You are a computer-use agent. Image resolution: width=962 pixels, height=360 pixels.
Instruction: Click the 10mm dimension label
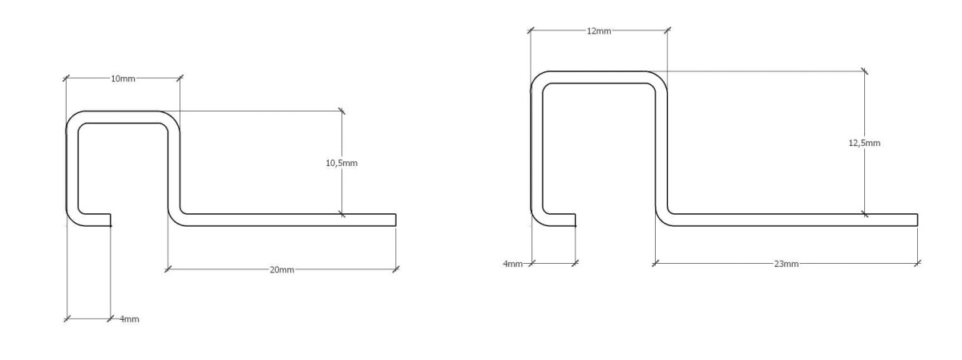(x=123, y=79)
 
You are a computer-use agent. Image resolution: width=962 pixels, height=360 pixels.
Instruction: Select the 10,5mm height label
(x=342, y=163)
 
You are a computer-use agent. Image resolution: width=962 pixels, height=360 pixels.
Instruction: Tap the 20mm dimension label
(x=281, y=269)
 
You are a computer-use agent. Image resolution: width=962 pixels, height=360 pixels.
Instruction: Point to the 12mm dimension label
(x=599, y=31)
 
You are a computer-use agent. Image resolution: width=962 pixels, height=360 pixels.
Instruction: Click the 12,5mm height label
(x=864, y=143)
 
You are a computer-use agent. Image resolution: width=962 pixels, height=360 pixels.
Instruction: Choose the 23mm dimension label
(x=786, y=264)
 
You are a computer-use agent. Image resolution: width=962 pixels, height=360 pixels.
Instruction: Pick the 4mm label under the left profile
(x=129, y=319)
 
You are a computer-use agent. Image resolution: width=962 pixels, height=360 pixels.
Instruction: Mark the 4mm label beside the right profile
(x=513, y=264)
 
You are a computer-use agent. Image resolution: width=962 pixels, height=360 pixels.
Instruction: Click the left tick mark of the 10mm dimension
(x=66, y=79)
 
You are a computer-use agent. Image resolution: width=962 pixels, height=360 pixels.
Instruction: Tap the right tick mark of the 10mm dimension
(x=180, y=78)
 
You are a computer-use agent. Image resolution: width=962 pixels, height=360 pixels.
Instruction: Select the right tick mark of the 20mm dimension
(x=395, y=269)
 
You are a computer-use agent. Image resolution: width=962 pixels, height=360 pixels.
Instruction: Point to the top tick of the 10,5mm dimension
(x=342, y=111)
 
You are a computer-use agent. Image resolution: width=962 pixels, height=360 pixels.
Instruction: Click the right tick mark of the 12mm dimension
(x=667, y=30)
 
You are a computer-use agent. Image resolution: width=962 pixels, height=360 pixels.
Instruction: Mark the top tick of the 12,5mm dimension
(x=864, y=71)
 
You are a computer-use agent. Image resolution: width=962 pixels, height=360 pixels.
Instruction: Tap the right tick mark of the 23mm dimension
(x=917, y=263)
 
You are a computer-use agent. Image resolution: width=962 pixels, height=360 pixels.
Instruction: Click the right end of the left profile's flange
(x=395, y=220)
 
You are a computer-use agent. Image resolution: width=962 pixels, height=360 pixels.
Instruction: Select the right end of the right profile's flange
(x=917, y=220)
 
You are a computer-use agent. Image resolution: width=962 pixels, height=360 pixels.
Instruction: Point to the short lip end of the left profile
(x=110, y=220)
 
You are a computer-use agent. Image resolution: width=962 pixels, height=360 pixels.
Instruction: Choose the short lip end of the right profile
(x=575, y=220)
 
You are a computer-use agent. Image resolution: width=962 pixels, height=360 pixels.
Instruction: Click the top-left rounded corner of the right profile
(x=537, y=77)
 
